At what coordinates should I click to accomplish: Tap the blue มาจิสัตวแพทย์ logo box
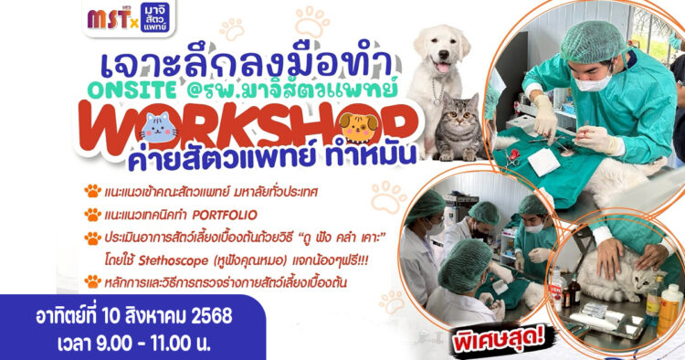coord(154,17)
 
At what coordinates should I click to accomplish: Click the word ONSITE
coord(132,90)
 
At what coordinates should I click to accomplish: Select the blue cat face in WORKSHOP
coord(160,128)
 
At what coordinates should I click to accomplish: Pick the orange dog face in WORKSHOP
coord(358,128)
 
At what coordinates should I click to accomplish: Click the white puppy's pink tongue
coord(443,68)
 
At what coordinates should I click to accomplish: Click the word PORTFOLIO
coord(225,215)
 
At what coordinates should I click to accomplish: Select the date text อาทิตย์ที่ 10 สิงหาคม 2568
coord(134,316)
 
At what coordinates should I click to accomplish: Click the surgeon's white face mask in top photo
coord(593,81)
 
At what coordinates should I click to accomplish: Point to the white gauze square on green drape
coord(543,162)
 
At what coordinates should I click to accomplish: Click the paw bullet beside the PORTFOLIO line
coord(92,215)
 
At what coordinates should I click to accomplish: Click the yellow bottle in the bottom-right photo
coord(669,310)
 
